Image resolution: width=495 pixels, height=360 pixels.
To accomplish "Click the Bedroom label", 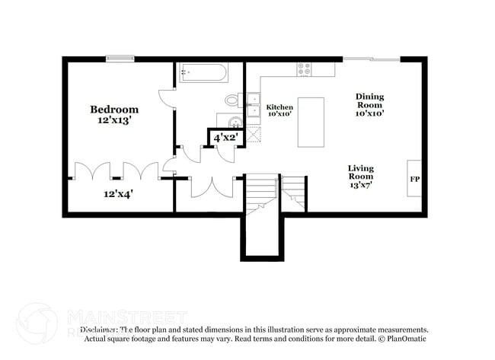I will [114, 110].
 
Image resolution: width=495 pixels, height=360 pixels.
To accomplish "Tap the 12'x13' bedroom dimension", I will [114, 120].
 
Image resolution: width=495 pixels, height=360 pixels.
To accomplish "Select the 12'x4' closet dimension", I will [119, 193].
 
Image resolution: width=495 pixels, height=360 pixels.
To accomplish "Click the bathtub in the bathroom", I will [203, 72].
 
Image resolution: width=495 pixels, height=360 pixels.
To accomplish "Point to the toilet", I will [233, 100].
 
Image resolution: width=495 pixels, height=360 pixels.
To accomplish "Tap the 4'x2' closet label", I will [225, 138].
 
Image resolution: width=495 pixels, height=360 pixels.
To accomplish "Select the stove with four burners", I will [304, 68].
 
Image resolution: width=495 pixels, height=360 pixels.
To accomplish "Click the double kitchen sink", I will [253, 104].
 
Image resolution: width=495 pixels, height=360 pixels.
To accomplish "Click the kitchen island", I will [311, 122].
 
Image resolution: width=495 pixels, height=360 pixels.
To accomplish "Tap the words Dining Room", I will [369, 100].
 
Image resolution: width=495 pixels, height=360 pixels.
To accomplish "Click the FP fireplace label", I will [415, 180].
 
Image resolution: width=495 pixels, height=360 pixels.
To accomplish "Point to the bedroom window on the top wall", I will [120, 59].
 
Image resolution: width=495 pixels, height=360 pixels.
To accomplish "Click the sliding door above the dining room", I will [371, 59].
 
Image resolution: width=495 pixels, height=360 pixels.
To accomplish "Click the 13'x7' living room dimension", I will [360, 183].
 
